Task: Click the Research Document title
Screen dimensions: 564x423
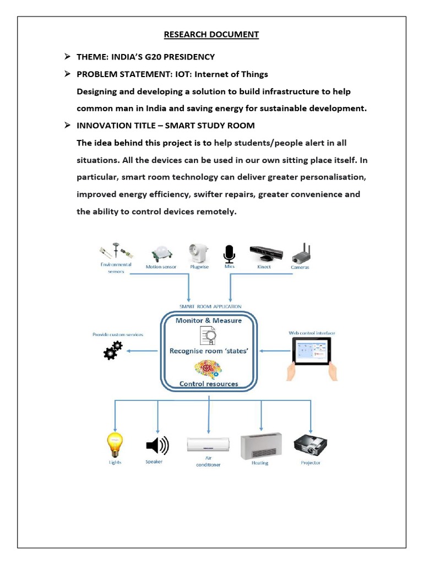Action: click(211, 35)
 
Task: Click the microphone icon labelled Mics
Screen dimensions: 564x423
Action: click(229, 253)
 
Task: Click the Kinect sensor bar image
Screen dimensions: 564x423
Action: click(266, 253)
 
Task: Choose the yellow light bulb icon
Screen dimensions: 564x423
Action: click(115, 444)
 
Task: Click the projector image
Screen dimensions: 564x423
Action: click(311, 444)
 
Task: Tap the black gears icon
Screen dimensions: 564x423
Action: click(113, 350)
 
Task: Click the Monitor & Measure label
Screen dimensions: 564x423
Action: click(208, 320)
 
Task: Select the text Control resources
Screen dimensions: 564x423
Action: click(209, 384)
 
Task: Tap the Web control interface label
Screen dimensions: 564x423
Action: click(312, 333)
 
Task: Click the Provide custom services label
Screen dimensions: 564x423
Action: click(117, 334)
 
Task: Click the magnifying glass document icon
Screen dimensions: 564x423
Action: click(208, 335)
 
